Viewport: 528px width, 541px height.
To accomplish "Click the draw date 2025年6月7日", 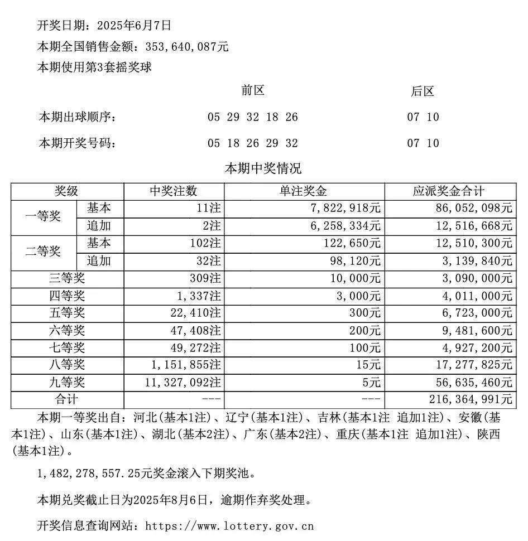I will coord(134,25).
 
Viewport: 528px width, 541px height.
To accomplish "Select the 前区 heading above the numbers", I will coord(252,91).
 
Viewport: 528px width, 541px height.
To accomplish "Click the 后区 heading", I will coord(423,91).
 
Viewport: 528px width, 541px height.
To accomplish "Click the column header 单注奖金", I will coord(304,191).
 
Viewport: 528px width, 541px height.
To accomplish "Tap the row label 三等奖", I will coord(67,278).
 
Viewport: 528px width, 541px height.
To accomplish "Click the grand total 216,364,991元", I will coord(471,399).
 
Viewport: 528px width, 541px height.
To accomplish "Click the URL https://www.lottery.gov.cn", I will coord(229,525).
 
